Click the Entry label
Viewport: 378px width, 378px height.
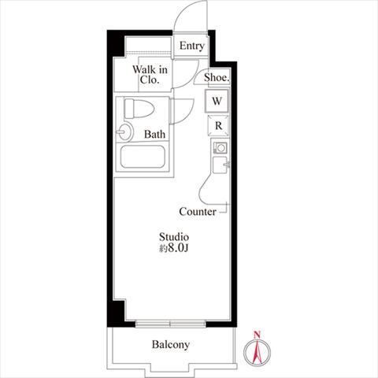(x=192, y=46)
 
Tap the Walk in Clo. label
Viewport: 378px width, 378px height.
(x=150, y=75)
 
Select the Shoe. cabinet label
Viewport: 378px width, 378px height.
(x=217, y=77)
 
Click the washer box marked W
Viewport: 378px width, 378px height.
(x=217, y=101)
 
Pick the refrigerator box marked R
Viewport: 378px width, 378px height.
(x=218, y=126)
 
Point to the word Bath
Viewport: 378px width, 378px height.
(x=154, y=135)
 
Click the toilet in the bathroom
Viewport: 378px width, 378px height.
(x=139, y=109)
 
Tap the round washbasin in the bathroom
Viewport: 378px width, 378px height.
(x=124, y=132)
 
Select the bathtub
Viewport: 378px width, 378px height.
(x=143, y=157)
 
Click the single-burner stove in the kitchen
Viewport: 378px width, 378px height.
(x=220, y=148)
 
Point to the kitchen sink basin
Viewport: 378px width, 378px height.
(x=220, y=165)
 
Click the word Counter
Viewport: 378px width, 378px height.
(x=198, y=212)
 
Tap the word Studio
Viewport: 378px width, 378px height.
(x=174, y=237)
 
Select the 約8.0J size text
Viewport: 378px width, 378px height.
(x=174, y=248)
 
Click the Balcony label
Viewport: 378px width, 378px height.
(x=171, y=344)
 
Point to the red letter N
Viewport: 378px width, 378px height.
(x=257, y=335)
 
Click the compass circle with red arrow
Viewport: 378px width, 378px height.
(x=257, y=352)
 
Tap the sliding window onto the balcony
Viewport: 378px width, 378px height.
(x=171, y=324)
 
